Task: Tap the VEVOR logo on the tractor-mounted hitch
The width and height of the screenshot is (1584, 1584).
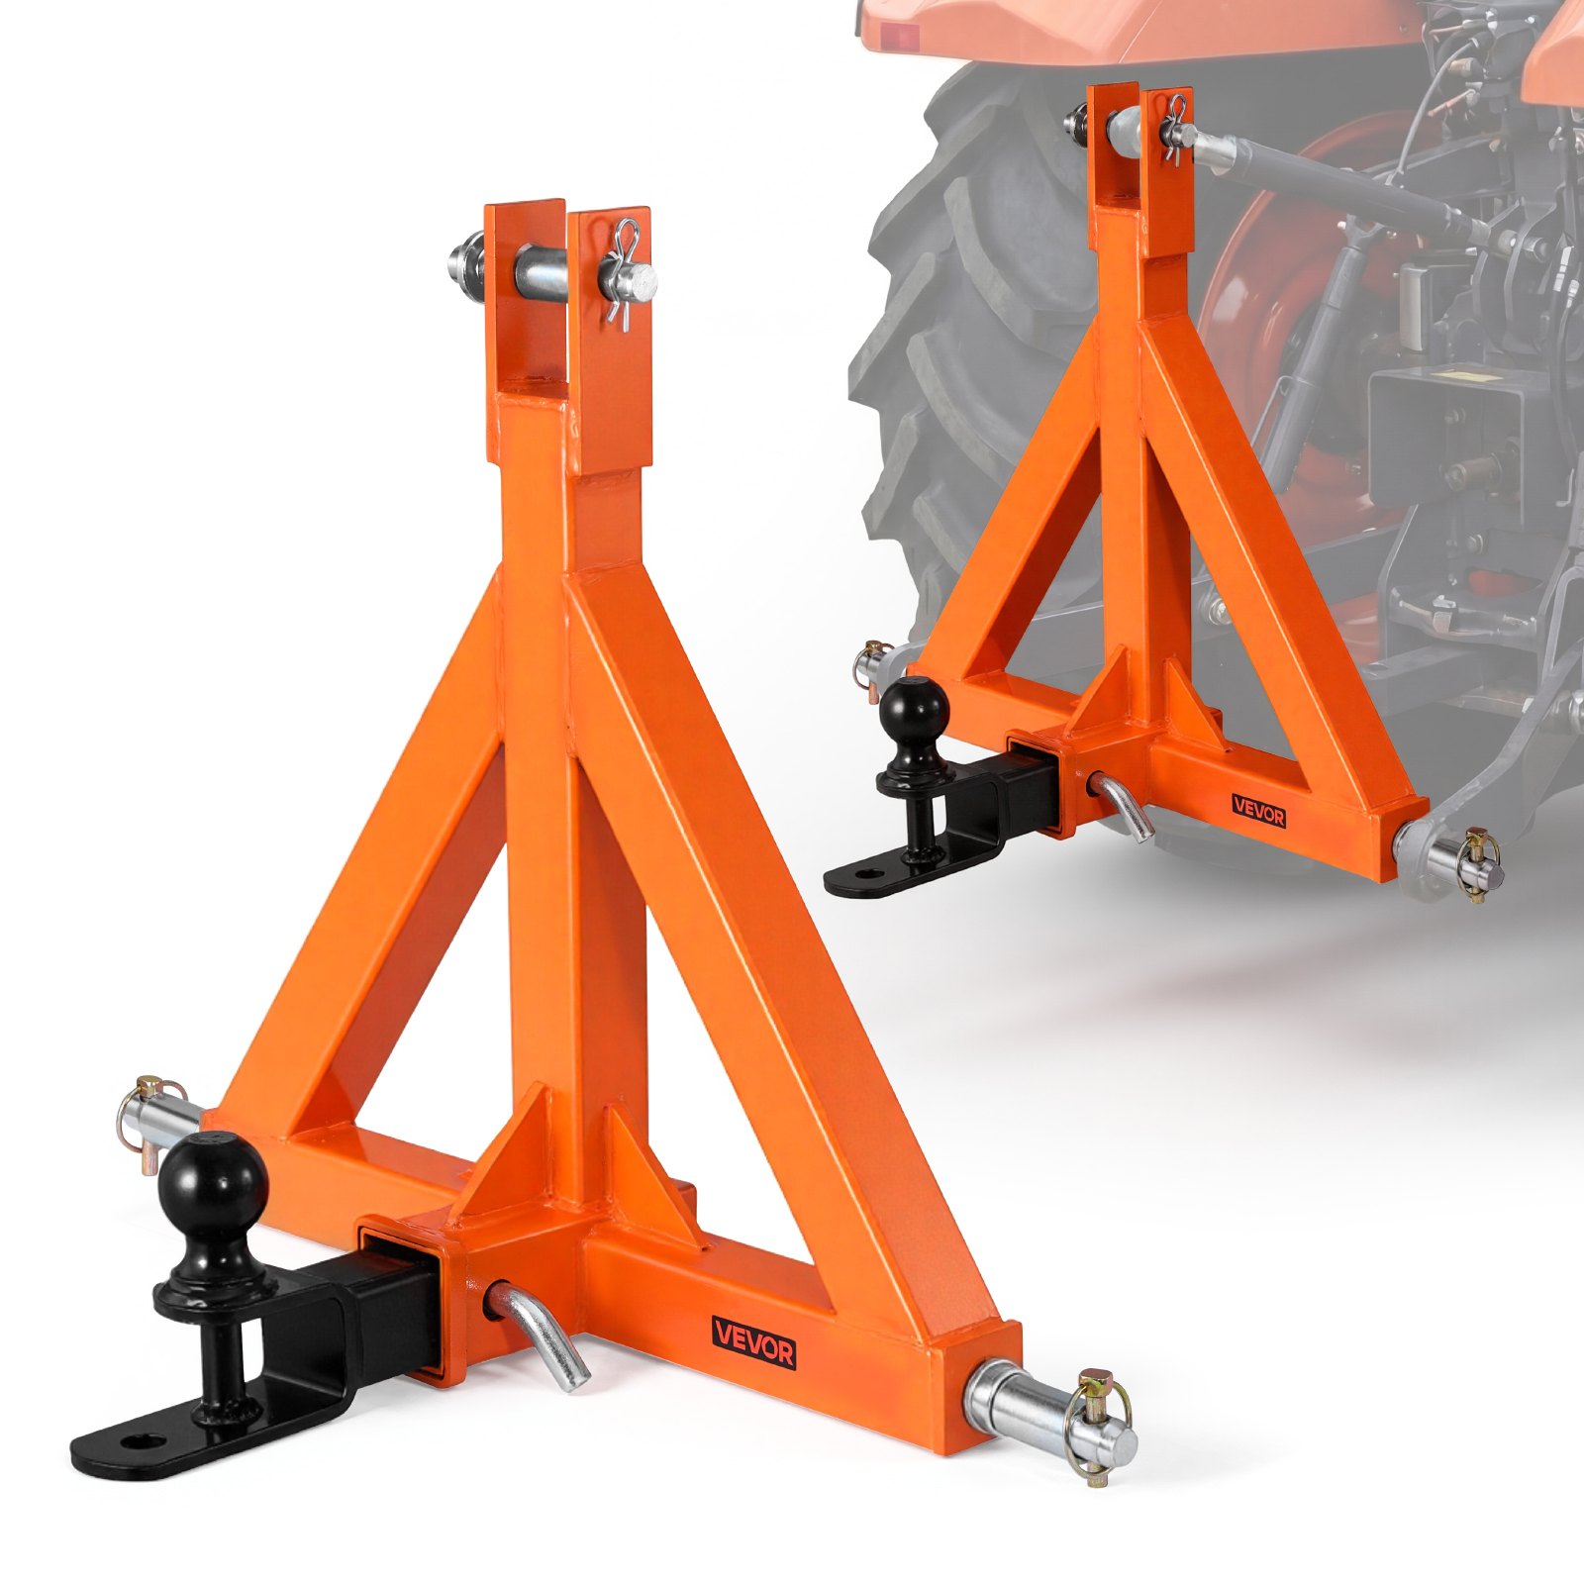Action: (x=1258, y=811)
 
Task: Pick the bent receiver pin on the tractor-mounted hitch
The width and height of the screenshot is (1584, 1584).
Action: (x=1124, y=807)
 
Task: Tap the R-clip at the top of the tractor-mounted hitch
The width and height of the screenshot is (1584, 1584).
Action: (x=1176, y=127)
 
